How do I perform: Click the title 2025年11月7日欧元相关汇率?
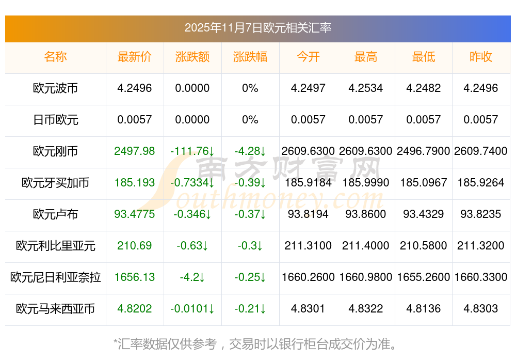tap(257, 28)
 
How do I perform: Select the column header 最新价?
tap(135, 57)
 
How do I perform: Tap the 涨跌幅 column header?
tap(250, 57)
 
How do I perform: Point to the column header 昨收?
tap(481, 57)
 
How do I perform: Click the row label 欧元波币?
tap(55, 88)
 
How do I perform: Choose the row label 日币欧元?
tap(55, 120)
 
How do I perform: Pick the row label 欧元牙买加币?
tap(55, 183)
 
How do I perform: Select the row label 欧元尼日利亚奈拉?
tap(55, 277)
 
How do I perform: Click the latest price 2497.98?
tap(135, 151)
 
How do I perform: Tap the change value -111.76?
tap(192, 151)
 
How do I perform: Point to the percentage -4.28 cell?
tap(250, 151)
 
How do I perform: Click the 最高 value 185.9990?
tap(366, 183)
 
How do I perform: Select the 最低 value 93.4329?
tap(424, 214)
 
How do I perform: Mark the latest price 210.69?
tap(135, 246)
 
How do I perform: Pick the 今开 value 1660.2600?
tap(308, 277)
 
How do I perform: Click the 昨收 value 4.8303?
tap(481, 309)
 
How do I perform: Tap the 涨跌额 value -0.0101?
tap(192, 309)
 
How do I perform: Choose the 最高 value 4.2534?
tap(366, 88)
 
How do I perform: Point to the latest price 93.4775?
tap(135, 214)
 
